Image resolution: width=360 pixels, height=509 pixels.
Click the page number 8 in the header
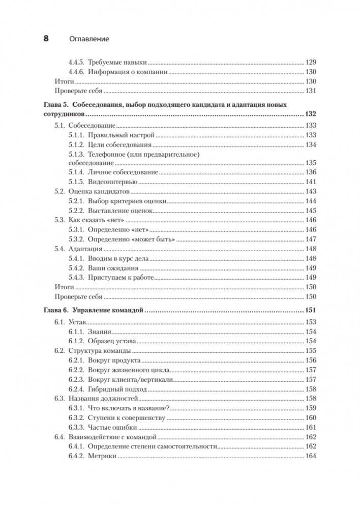pyautogui.click(x=46, y=38)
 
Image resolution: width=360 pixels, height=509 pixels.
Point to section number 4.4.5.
pyautogui.click(x=76, y=62)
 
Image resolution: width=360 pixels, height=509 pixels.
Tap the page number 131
pyautogui.click(x=311, y=91)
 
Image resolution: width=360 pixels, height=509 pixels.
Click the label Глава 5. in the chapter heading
pyautogui.click(x=56, y=105)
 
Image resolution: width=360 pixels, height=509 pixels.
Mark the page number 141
pyautogui.click(x=311, y=182)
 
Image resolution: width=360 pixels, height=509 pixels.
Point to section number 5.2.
pyautogui.click(x=59, y=192)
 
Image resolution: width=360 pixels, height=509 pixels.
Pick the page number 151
pyautogui.click(x=310, y=310)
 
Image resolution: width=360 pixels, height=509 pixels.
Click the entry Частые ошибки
pyautogui.click(x=109, y=427)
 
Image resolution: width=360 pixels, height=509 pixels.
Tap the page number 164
pyautogui.click(x=311, y=456)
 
